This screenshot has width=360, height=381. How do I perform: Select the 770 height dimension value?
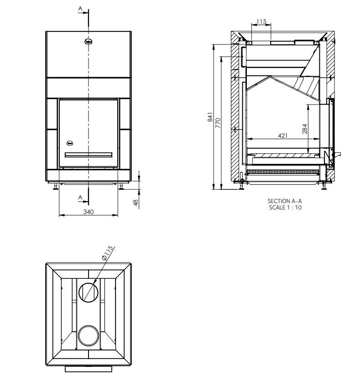[x=218, y=122]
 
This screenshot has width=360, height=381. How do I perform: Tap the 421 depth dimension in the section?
[x=282, y=136]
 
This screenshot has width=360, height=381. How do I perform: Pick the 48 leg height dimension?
[x=136, y=202]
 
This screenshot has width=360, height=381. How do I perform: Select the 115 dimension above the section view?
[x=261, y=22]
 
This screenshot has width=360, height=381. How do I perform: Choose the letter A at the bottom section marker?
[x=80, y=197]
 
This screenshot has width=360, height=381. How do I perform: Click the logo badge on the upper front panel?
[x=89, y=42]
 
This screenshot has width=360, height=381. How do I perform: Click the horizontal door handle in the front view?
[x=89, y=155]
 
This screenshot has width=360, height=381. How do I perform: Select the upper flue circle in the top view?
[x=88, y=292]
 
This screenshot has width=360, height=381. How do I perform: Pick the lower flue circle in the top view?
[x=88, y=336]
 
